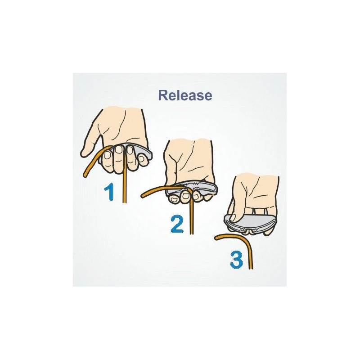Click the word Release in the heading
pos(185,95)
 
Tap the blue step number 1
pos(109,192)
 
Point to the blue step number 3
pos(236,260)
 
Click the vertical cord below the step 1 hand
pos(125,186)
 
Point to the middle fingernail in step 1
pos(119,150)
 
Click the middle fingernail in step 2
pos(185,196)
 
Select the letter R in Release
pos(162,95)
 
